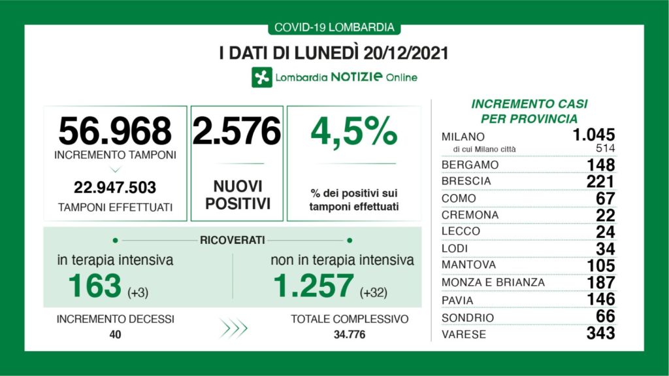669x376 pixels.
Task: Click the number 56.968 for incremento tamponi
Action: (114, 131)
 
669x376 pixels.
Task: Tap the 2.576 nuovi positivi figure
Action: (237, 131)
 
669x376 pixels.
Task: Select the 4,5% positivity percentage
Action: (353, 131)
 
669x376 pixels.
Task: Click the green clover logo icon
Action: (262, 77)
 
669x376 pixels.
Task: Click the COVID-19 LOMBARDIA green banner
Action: (334, 27)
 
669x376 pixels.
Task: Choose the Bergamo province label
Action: (470, 165)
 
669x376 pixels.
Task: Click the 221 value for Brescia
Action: (600, 181)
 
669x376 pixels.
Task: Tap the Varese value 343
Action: (600, 333)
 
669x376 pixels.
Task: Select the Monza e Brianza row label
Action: (493, 282)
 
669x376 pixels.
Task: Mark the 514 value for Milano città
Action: (604, 149)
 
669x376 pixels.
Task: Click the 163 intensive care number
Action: (95, 285)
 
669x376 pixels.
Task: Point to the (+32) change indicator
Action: (373, 292)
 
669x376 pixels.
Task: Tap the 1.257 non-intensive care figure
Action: (312, 285)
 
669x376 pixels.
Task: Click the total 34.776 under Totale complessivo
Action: (350, 335)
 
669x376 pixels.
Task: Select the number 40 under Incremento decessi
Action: (115, 335)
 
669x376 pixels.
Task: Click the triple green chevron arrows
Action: (233, 328)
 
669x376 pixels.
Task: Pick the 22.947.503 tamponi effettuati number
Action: (115, 188)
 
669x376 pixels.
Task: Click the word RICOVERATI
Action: (232, 241)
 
